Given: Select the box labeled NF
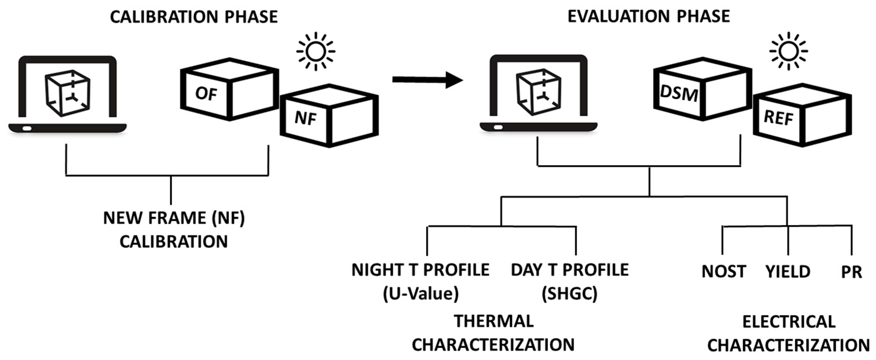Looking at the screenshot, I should tap(329, 115).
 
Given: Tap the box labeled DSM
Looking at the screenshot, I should tap(703, 89).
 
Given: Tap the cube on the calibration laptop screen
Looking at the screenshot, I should tap(68, 93).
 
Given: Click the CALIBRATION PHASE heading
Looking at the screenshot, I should tap(194, 17).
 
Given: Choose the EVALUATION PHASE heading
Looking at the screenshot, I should tap(649, 16).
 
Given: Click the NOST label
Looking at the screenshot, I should tap(724, 272).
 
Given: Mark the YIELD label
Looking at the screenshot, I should tap(788, 272).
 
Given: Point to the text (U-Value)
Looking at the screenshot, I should tap(421, 293).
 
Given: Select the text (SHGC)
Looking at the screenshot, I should tap(570, 293).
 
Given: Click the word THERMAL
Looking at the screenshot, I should tap(494, 321).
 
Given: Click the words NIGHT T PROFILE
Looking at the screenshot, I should tap(420, 270).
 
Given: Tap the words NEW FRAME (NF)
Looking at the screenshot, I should tap(174, 218).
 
